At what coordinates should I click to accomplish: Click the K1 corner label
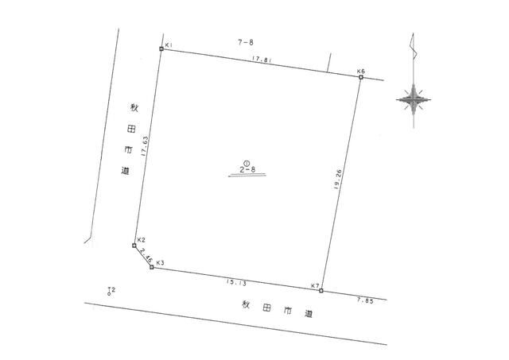(x=170, y=45)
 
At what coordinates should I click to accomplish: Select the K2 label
(x=141, y=239)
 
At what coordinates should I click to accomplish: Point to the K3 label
(x=160, y=262)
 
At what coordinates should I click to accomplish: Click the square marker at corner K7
(x=321, y=291)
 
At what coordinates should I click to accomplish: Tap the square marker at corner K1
(x=161, y=49)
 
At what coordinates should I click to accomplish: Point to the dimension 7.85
(x=365, y=300)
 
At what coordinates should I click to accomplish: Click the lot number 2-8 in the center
(x=247, y=169)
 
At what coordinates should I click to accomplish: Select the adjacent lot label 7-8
(x=245, y=40)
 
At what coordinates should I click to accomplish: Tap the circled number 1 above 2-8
(x=247, y=161)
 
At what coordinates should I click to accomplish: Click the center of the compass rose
(x=414, y=100)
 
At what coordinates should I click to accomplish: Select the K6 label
(x=361, y=71)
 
